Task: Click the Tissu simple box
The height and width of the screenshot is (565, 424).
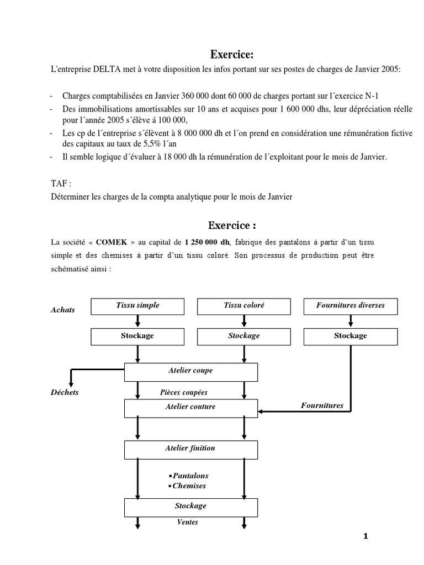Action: click(x=137, y=305)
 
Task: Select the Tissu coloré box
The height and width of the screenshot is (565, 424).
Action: click(x=244, y=305)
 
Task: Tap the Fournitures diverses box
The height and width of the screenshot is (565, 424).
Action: click(x=351, y=305)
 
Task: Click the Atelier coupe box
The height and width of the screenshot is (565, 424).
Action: click(x=191, y=371)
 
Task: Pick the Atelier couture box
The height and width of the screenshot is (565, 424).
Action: click(x=191, y=407)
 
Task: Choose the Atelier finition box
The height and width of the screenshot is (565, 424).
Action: click(x=191, y=449)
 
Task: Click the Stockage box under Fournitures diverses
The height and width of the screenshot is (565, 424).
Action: click(x=351, y=336)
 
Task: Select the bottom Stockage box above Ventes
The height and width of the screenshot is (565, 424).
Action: click(x=191, y=506)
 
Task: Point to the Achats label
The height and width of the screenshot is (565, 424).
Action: click(x=62, y=310)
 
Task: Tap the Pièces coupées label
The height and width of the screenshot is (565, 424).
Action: click(x=183, y=393)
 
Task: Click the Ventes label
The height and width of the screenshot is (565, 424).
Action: click(x=188, y=522)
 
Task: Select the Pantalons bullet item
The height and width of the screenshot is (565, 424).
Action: click(x=188, y=476)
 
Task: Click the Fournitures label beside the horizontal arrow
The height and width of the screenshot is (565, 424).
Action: click(x=322, y=406)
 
